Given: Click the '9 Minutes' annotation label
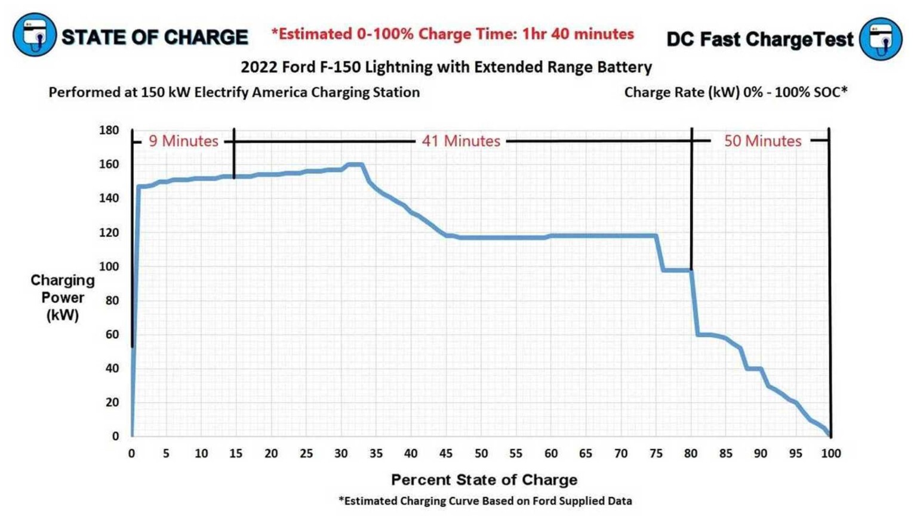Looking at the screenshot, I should click(183, 141).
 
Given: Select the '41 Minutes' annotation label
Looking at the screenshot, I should click(461, 141).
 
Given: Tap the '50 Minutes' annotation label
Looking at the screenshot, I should click(762, 141).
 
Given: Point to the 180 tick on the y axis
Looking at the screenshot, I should click(109, 130).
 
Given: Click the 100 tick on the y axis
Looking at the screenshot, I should click(109, 266).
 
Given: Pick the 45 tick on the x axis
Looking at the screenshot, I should click(446, 453).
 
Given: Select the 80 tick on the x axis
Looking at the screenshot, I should click(691, 453).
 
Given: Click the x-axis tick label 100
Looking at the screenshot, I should click(830, 453).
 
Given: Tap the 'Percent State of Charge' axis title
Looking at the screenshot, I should click(484, 480).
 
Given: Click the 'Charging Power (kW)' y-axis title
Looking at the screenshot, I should click(63, 297).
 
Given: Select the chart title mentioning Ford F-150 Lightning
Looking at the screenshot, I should click(446, 67).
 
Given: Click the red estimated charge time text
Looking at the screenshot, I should click(453, 34).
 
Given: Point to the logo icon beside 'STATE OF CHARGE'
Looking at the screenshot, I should click(35, 35).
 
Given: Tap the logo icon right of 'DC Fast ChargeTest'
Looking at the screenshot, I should click(881, 39).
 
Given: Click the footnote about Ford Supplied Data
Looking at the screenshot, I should click(485, 501).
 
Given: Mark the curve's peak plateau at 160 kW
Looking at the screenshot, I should click(355, 164).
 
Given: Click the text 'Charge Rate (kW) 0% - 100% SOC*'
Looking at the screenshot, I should click(736, 93).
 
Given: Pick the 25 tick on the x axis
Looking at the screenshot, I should click(306, 453).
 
